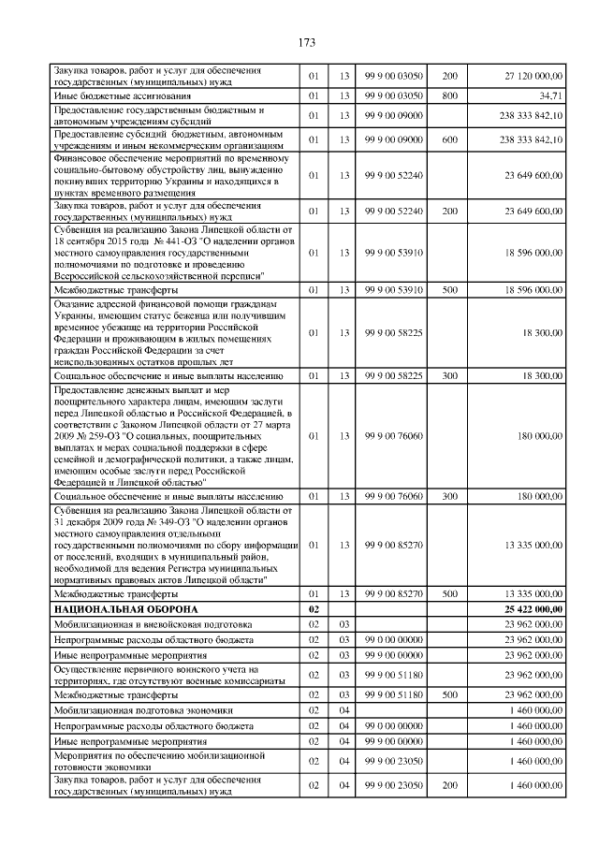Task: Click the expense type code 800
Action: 449,95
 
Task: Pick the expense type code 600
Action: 449,140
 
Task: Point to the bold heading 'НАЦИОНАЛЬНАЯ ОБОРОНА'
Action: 115,608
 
